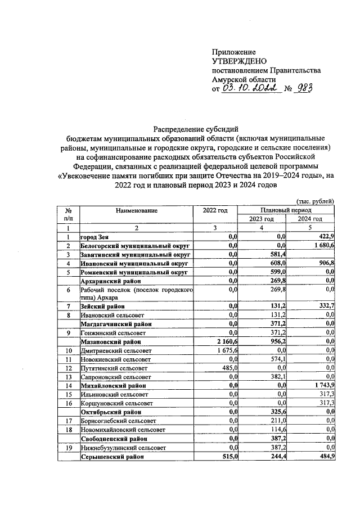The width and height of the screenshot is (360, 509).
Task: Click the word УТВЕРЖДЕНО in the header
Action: [239, 61]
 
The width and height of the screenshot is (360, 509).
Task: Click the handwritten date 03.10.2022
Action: [250, 88]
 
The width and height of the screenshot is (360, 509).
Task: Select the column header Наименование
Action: [137, 210]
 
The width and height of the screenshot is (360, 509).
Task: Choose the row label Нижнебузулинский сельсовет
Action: [123, 448]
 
